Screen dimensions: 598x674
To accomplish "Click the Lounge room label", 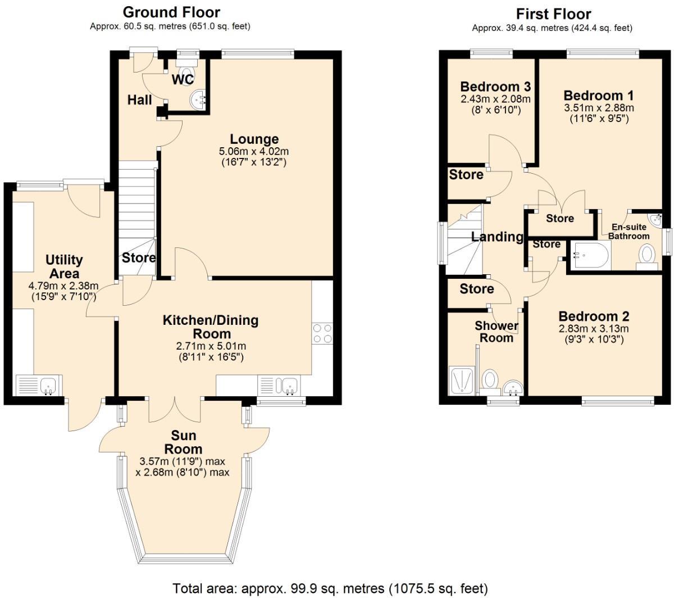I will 254,139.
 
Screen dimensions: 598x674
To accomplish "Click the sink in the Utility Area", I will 48,386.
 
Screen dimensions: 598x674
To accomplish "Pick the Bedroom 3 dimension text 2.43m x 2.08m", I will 495,99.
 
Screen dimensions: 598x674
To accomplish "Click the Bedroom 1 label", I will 594,95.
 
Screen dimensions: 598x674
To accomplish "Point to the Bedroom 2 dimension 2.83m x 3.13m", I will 594,329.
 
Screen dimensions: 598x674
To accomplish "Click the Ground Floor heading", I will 171,12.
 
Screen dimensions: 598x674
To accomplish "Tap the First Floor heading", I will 553,13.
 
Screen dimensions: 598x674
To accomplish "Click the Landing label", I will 497,237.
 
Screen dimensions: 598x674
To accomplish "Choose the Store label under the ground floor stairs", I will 139,258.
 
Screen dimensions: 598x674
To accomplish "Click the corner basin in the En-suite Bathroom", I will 655,218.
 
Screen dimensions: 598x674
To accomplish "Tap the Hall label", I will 140,100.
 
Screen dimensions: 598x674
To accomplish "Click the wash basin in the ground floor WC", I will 197,99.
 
